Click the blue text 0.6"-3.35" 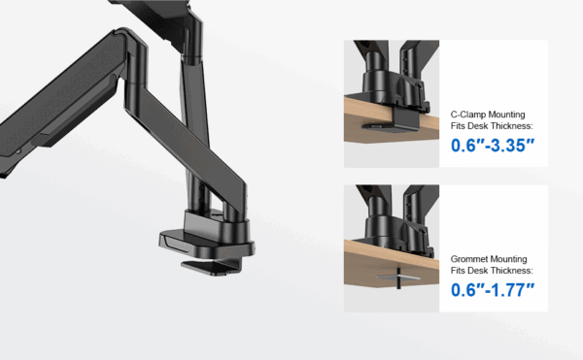click(x=493, y=146)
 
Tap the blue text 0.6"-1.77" click(x=493, y=290)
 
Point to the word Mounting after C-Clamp click(x=506, y=115)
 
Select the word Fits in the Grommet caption click(x=458, y=271)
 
